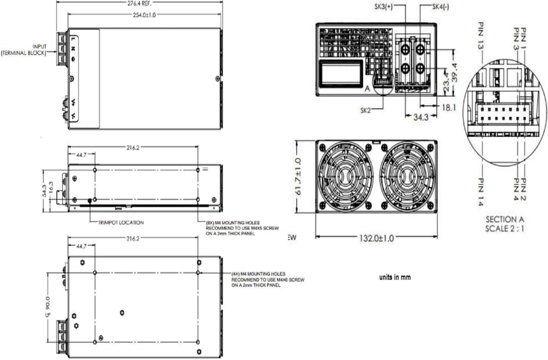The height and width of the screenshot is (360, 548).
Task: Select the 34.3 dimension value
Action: [421, 118]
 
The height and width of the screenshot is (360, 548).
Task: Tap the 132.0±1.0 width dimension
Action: [375, 239]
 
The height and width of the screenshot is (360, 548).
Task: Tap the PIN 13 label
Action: [480, 36]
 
